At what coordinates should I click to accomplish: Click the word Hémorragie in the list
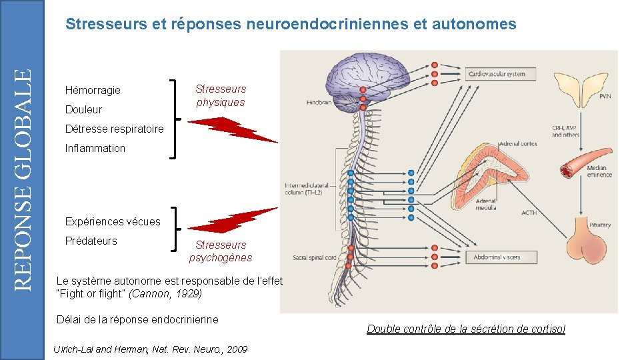pos(93,90)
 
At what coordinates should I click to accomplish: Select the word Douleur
pos(83,109)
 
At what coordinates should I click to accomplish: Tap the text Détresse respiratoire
pos(114,129)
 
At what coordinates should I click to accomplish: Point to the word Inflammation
pos(95,148)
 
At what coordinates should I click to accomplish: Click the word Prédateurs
pos(91,241)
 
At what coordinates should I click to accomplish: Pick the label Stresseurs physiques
pos(221,95)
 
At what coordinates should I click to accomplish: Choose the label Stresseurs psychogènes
pos(221,251)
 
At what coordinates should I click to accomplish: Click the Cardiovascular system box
pos(501,74)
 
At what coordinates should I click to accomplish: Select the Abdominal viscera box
pos(501,257)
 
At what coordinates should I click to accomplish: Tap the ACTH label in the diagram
pos(529,213)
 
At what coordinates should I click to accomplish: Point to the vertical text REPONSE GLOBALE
pos(23,180)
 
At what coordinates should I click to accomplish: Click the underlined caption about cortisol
pos(466,329)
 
